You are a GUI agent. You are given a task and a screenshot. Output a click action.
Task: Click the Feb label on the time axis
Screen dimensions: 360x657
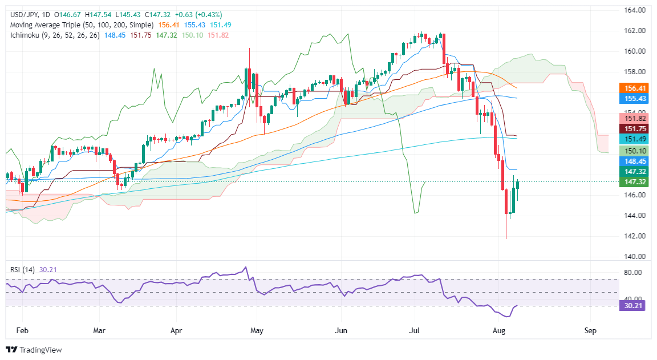pos(22,330)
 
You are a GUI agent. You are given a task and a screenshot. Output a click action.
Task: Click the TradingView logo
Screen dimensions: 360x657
pos(34,350)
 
